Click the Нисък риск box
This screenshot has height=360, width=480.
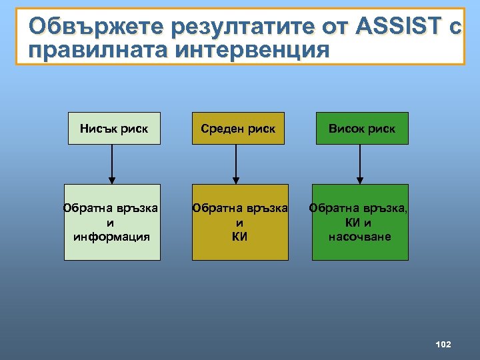coord(113,129)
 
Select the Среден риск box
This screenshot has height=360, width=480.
coord(238,129)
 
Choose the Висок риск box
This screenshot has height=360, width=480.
coord(361,129)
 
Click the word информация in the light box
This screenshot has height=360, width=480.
coord(111,236)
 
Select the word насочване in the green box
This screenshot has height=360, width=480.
coord(360,237)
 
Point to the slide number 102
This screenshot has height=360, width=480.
coord(443,344)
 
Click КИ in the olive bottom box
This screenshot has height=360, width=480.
coord(240,236)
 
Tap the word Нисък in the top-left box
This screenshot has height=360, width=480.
coord(97,129)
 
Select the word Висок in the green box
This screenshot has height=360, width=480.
coord(346,129)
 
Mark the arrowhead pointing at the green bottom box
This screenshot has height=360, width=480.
coord(360,180)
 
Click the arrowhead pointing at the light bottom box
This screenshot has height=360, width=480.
coord(112,180)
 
